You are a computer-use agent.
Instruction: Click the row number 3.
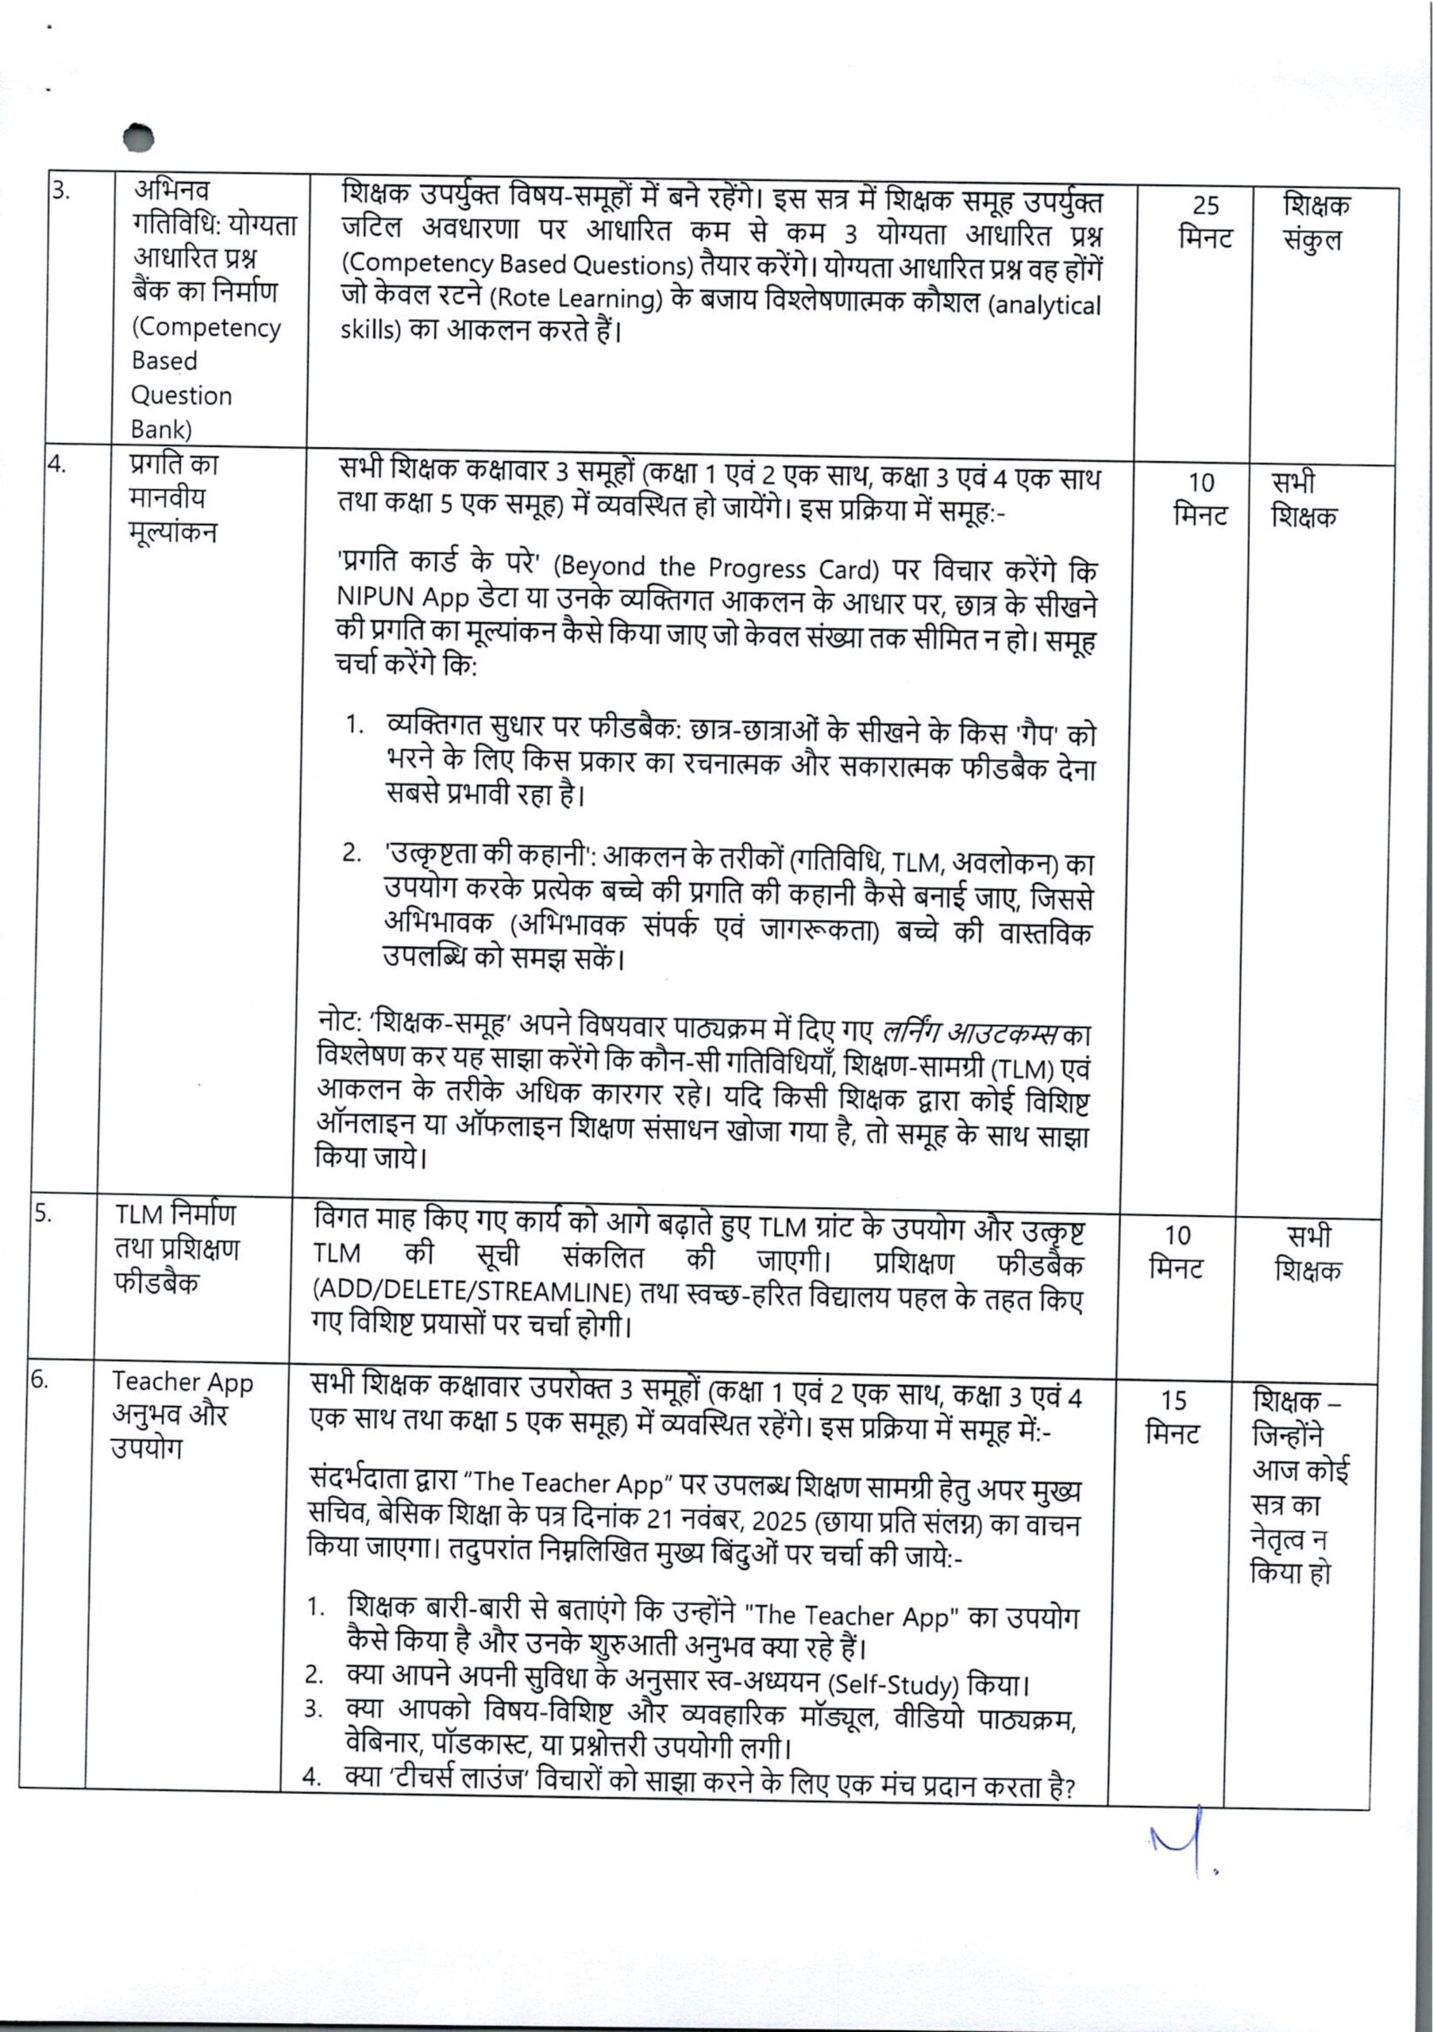(x=60, y=190)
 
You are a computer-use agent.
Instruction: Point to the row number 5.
(x=41, y=1214)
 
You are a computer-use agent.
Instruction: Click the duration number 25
(x=1205, y=206)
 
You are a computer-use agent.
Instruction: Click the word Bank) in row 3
(x=161, y=429)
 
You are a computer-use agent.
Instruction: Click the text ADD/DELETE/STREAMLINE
(x=472, y=1293)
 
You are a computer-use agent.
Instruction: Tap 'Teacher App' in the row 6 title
(x=183, y=1383)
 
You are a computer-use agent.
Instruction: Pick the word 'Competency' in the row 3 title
(x=206, y=328)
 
